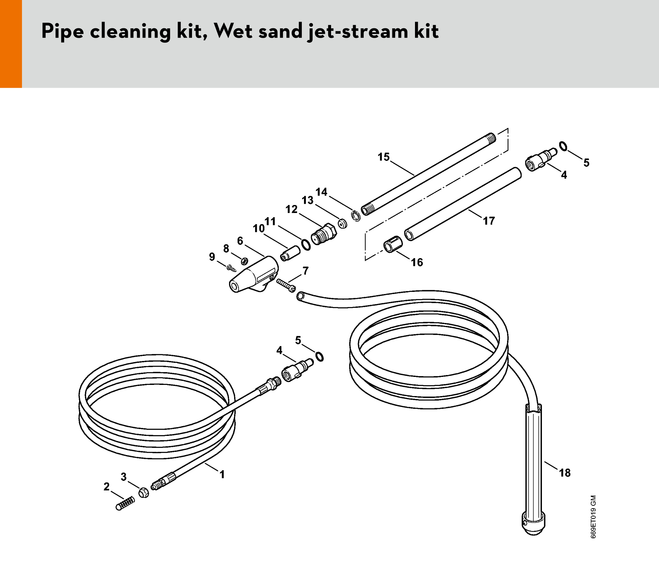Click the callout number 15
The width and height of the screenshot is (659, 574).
point(383,157)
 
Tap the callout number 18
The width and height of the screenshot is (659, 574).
point(565,473)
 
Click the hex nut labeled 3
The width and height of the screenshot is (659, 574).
point(144,493)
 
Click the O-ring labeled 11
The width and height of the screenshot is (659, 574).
point(306,245)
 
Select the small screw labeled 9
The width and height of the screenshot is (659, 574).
point(231,268)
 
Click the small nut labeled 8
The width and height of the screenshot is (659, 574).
point(244,261)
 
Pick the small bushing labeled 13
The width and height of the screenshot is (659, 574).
point(343,223)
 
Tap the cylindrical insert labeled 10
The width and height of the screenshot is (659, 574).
point(290,254)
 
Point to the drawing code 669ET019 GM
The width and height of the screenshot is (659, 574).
point(594,517)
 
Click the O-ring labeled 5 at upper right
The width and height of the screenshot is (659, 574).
point(563,146)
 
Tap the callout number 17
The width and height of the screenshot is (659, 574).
point(489,221)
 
